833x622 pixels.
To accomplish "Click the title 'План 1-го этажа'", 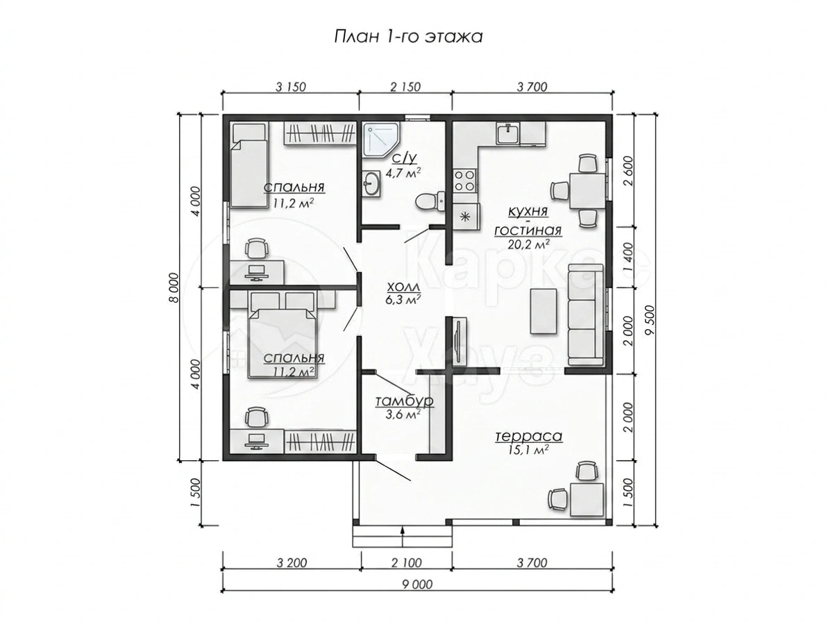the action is point(408,37).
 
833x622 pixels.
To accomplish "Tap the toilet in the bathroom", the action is point(430,201).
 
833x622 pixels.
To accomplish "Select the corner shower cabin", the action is point(380,140).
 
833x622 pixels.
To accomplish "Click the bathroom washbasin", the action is point(371,184).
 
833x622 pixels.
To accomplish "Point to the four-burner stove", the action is point(465,180).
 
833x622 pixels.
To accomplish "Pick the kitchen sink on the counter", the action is point(507,133).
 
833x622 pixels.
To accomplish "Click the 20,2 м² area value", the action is point(529,244).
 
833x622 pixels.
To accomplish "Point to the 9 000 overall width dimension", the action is point(417,584).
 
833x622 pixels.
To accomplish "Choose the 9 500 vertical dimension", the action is point(650,319).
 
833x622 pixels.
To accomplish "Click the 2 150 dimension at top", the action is point(405,87).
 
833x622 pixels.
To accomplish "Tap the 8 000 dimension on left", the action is point(173,287).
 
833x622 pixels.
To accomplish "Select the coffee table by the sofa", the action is point(544,311).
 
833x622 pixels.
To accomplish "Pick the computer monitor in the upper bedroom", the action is point(256,272).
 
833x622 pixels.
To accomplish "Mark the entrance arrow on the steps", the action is point(402,535).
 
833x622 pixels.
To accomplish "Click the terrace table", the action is point(587,499).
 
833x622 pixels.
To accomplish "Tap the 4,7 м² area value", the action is point(403,173).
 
